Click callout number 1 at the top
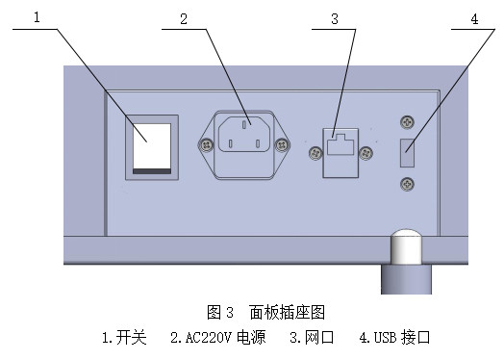click(x=38, y=17)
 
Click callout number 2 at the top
click(x=183, y=17)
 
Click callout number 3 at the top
click(x=334, y=17)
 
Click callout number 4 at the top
click(x=475, y=17)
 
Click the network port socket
click(x=340, y=151)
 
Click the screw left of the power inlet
click(x=205, y=144)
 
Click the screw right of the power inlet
click(x=282, y=144)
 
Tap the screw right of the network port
click(x=365, y=151)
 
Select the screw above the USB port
click(x=408, y=122)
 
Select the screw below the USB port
click(x=408, y=183)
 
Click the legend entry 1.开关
click(x=124, y=338)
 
